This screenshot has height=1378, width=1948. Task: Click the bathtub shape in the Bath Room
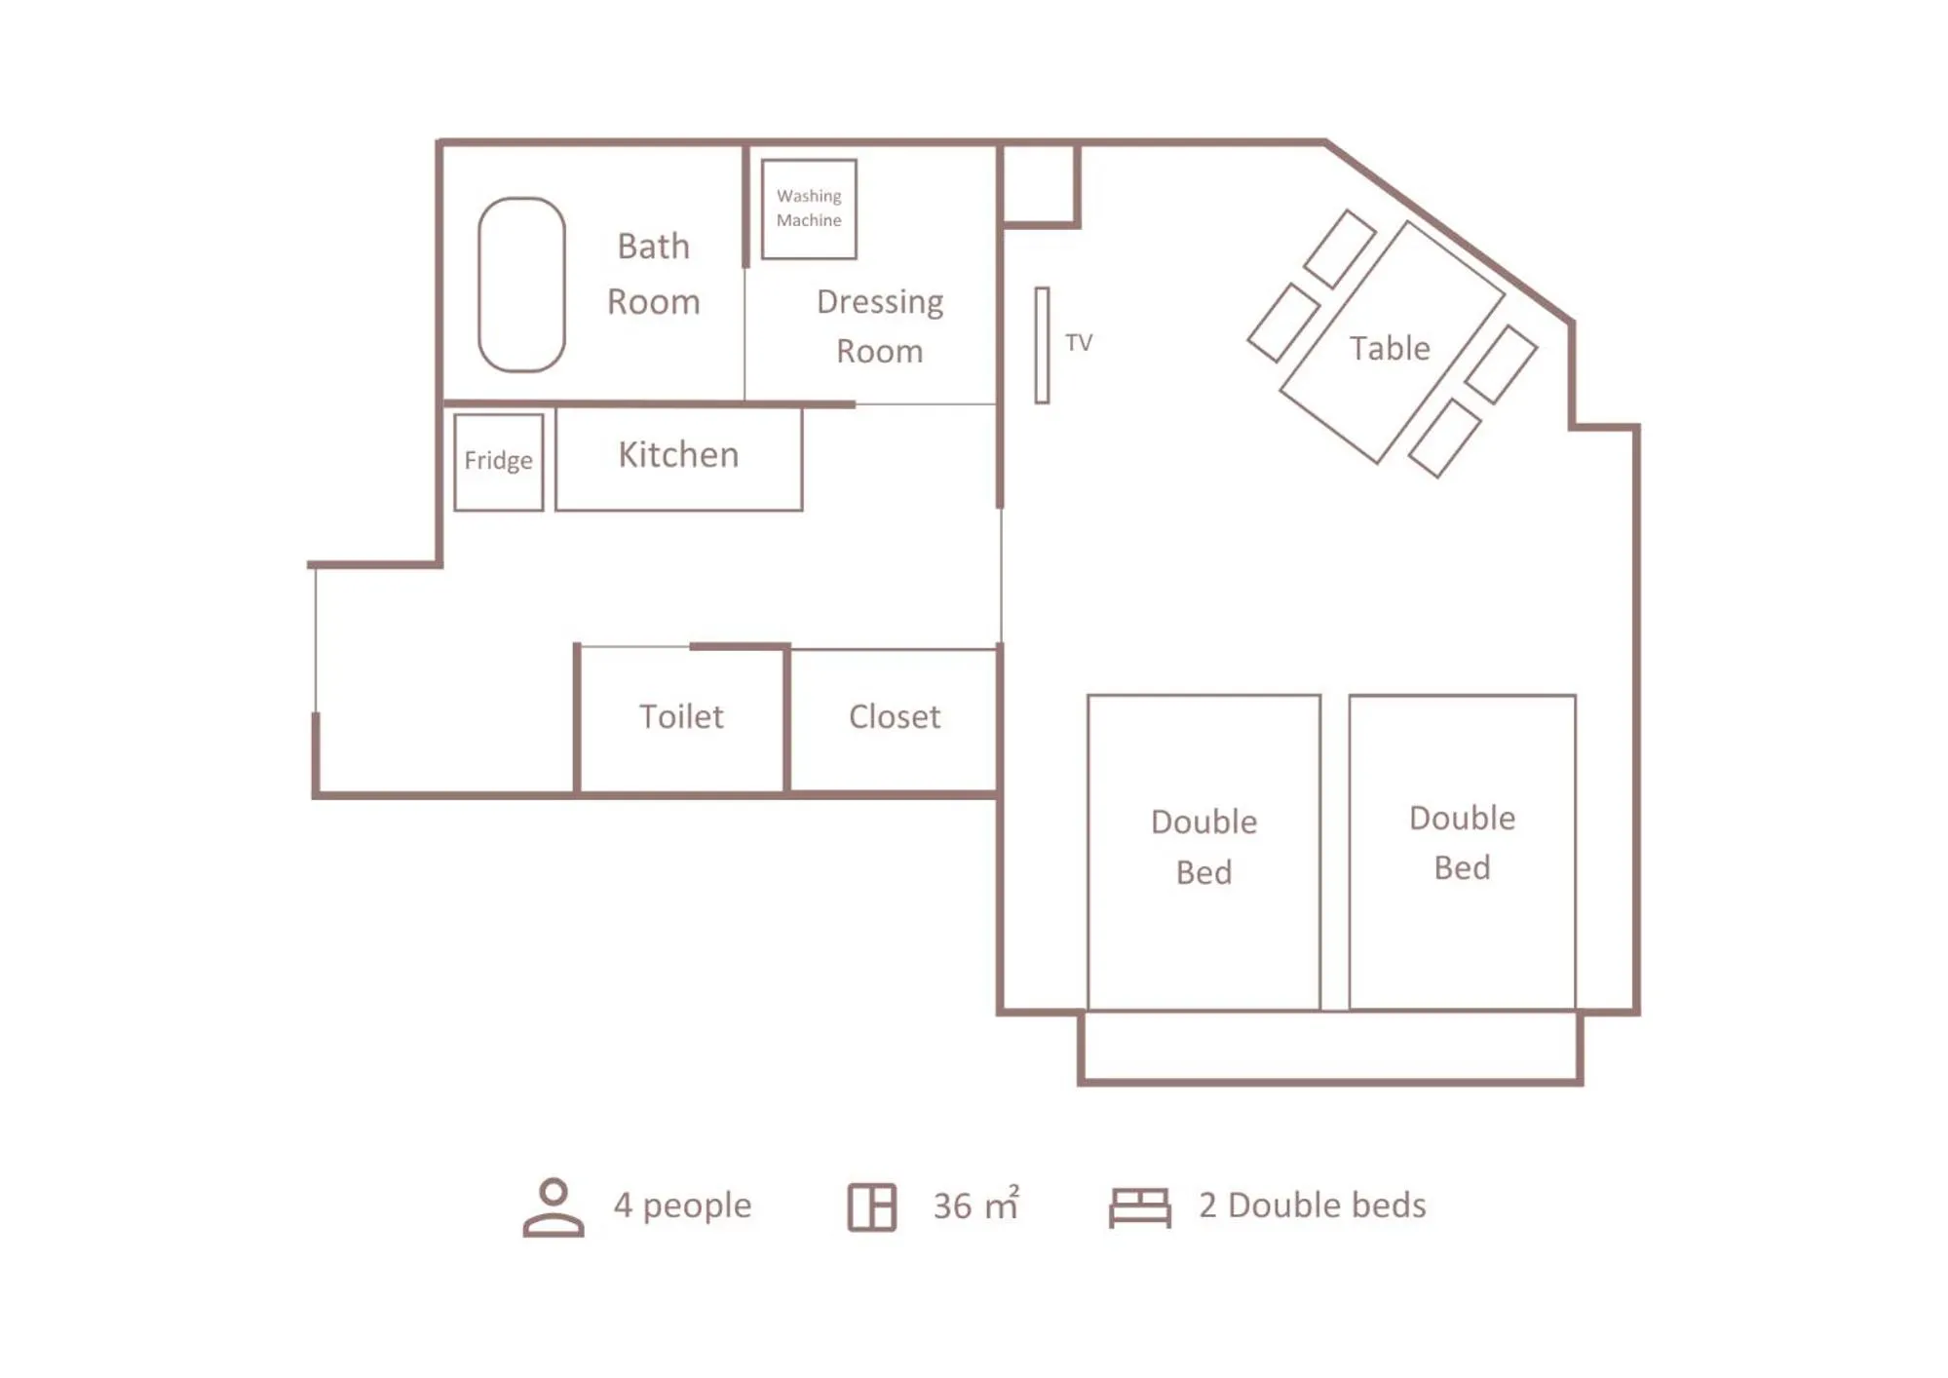[x=521, y=285]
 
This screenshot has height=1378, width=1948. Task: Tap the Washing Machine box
[x=808, y=210]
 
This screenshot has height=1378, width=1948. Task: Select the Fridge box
[x=498, y=462]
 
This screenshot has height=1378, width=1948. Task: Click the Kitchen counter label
[x=678, y=456]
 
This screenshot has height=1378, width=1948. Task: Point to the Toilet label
[x=680, y=717]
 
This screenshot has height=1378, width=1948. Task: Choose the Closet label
[x=894, y=717]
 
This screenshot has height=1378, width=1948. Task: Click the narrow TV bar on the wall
[x=1041, y=345]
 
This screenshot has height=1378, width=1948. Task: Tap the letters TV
[x=1078, y=343]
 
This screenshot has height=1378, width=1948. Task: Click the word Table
[x=1389, y=349]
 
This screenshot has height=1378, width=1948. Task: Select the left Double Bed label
[x=1203, y=846]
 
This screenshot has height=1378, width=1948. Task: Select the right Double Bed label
[x=1461, y=842]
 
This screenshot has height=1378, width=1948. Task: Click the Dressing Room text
[x=879, y=325]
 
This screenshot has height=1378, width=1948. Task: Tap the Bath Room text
[x=653, y=274]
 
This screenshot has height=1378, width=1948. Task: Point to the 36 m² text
[x=974, y=1206]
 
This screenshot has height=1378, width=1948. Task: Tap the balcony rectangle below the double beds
[x=1329, y=1047]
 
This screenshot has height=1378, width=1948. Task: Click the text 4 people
[x=681, y=1206]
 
